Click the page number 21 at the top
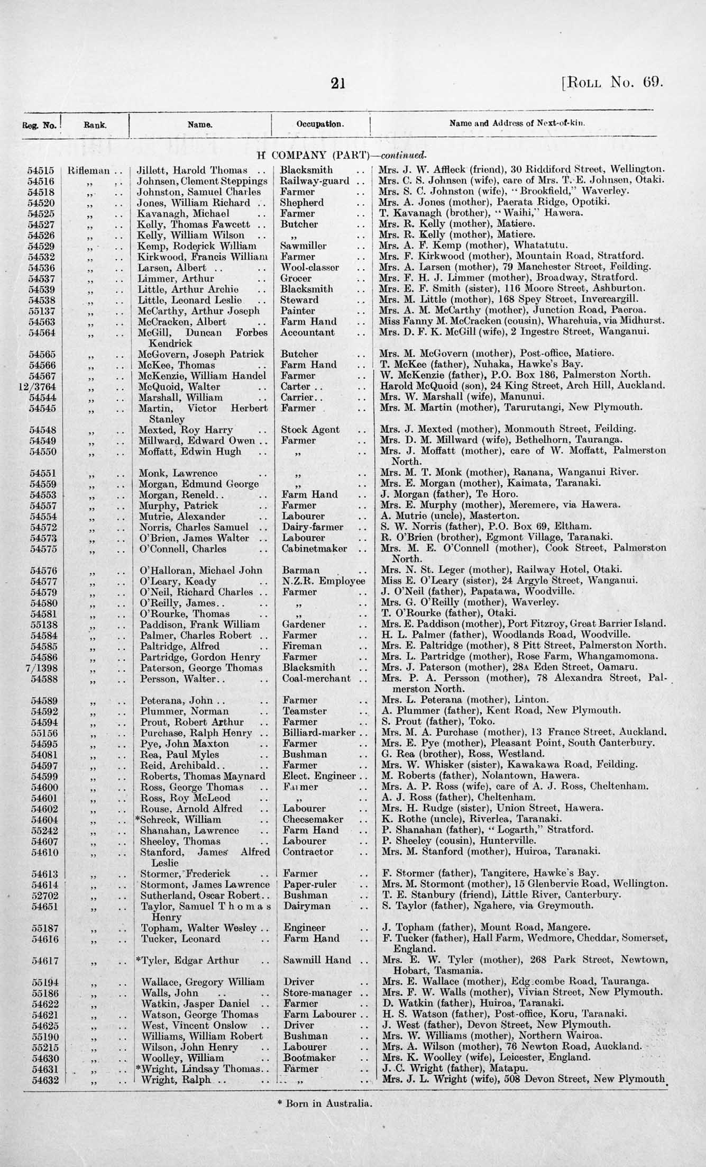pos(337,84)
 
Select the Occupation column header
pos(320,125)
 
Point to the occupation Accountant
pos(308,332)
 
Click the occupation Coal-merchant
pos(316,679)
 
